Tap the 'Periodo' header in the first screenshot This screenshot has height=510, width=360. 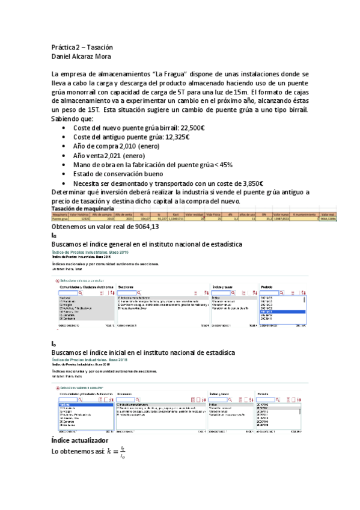(x=267, y=287)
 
